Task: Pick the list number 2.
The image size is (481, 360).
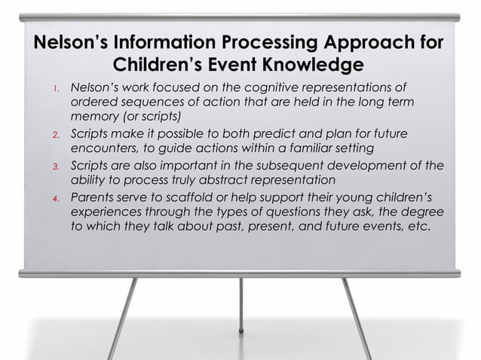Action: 56,134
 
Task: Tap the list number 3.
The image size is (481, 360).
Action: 56,167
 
